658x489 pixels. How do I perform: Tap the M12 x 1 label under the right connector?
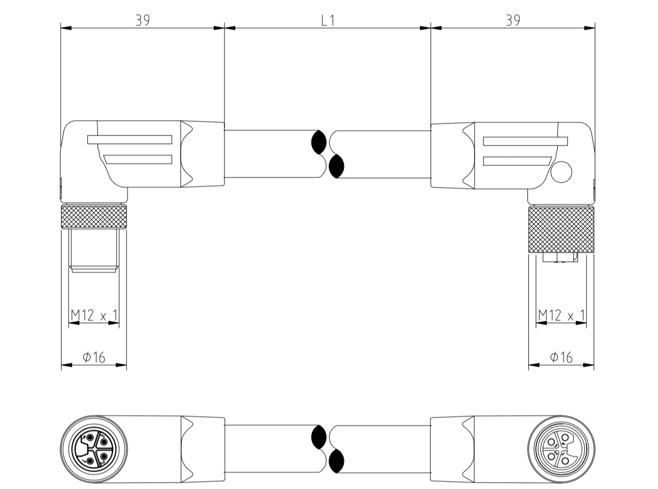tap(562, 316)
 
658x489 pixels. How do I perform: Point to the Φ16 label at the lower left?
tap(94, 357)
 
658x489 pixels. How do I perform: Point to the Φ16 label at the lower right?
tap(561, 357)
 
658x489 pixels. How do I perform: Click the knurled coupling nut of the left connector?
tap(94, 217)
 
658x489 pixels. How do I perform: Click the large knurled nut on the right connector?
tap(561, 230)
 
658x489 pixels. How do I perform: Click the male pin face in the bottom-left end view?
tap(94, 449)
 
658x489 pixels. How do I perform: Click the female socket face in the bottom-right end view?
tap(561, 449)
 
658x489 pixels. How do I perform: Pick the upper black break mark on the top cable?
tap(319, 142)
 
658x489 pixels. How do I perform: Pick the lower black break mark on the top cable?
tap(336, 167)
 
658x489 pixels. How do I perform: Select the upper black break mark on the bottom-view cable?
tap(319, 437)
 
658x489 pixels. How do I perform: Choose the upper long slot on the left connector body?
tap(130, 140)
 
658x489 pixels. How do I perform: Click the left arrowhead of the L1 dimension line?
tap(230, 27)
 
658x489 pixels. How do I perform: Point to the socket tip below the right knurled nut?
tap(561, 258)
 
